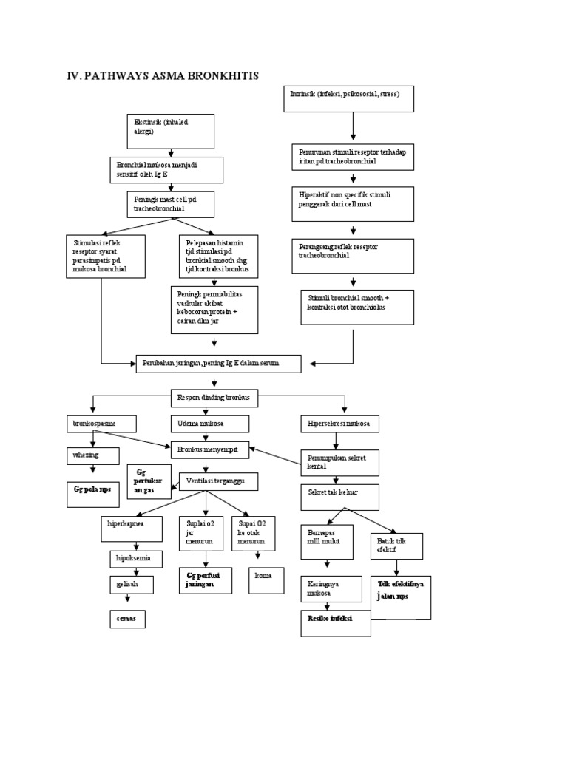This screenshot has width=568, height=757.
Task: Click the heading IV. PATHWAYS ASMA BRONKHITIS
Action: pos(162,75)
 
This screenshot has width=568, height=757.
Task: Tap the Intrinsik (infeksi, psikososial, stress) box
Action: pos(348,99)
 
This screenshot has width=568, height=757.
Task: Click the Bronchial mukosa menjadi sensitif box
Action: pos(167,169)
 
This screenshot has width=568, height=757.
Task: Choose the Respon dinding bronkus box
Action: pos(214,397)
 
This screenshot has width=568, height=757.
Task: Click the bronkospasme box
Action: pos(101,424)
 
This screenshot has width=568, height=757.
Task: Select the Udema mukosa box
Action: pos(210,424)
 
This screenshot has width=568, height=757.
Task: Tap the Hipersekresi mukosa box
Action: pos(339,424)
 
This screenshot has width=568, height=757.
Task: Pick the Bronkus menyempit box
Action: pos(210,448)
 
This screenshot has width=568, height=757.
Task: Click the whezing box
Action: pos(92,455)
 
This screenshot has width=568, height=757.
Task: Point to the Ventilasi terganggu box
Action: pos(218,481)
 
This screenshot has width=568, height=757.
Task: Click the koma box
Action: pos(266,580)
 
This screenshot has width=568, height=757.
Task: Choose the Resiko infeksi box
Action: pos(335,622)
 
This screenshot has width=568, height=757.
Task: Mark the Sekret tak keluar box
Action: pos(339,497)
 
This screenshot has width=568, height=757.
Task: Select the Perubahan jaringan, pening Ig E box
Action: pos(218,364)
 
